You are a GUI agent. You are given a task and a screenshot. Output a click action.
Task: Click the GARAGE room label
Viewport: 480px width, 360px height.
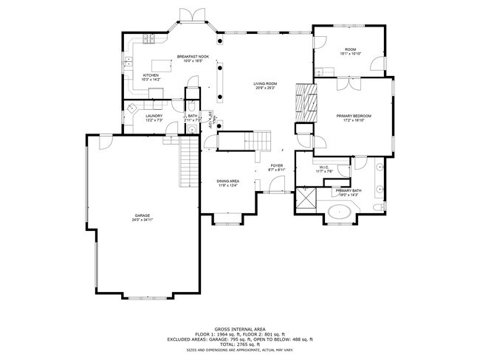pos(142,215)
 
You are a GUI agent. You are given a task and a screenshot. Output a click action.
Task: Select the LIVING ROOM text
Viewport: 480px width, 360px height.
pos(266,84)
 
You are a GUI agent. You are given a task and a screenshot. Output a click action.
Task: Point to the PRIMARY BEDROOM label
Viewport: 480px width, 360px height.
pos(354,116)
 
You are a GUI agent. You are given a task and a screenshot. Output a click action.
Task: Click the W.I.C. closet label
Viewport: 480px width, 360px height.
pos(324,167)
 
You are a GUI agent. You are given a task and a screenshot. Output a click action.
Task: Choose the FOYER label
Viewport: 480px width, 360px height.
pos(276,165)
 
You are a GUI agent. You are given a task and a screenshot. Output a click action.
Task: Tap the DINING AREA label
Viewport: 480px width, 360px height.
pos(227,181)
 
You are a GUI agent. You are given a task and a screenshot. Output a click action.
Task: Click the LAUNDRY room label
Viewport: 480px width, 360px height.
pos(154,116)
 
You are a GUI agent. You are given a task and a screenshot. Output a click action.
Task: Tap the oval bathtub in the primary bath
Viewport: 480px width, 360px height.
pos(340,214)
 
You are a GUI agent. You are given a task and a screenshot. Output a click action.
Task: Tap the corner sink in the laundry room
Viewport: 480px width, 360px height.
pos(131,108)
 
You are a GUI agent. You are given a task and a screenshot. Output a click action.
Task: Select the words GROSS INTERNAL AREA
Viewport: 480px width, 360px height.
pos(239,330)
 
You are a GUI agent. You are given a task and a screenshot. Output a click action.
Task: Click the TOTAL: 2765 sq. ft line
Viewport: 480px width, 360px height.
pos(239,344)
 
